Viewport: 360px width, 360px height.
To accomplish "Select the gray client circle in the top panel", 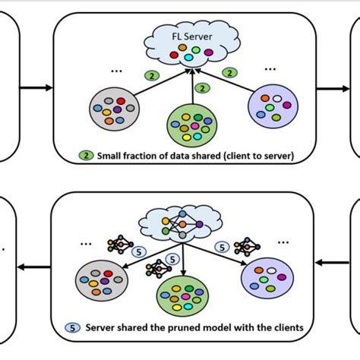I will point(115,109).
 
